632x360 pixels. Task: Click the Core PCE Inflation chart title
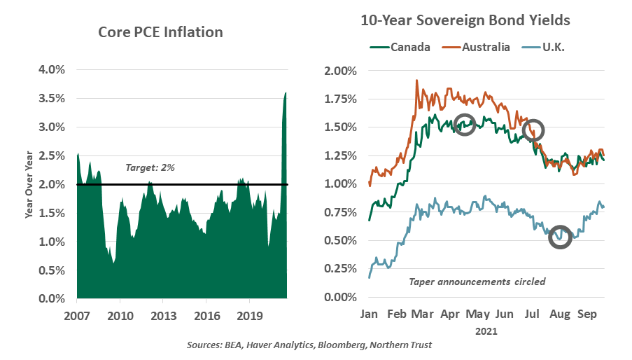coord(160,32)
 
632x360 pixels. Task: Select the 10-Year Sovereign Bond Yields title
coord(465,20)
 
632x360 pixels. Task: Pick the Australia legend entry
coord(486,48)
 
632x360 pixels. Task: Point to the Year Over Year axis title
coord(30,184)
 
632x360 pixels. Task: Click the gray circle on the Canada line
coord(465,125)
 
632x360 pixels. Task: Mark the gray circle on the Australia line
coord(533,130)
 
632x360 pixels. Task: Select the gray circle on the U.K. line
coord(561,237)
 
